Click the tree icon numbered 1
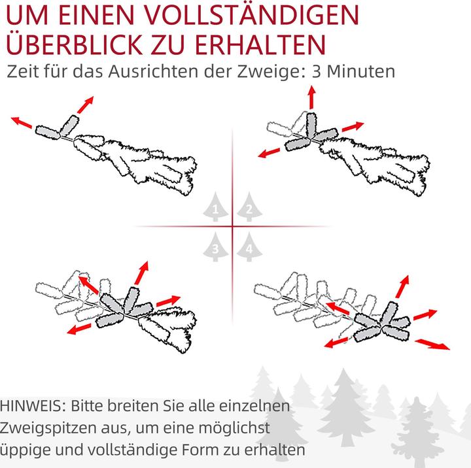(215, 207)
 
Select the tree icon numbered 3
(215, 247)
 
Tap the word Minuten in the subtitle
(362, 71)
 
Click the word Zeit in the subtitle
(22, 71)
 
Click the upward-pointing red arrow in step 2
(311, 99)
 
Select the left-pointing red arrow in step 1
(22, 123)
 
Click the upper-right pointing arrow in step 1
(84, 104)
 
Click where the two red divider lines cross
(232, 227)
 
